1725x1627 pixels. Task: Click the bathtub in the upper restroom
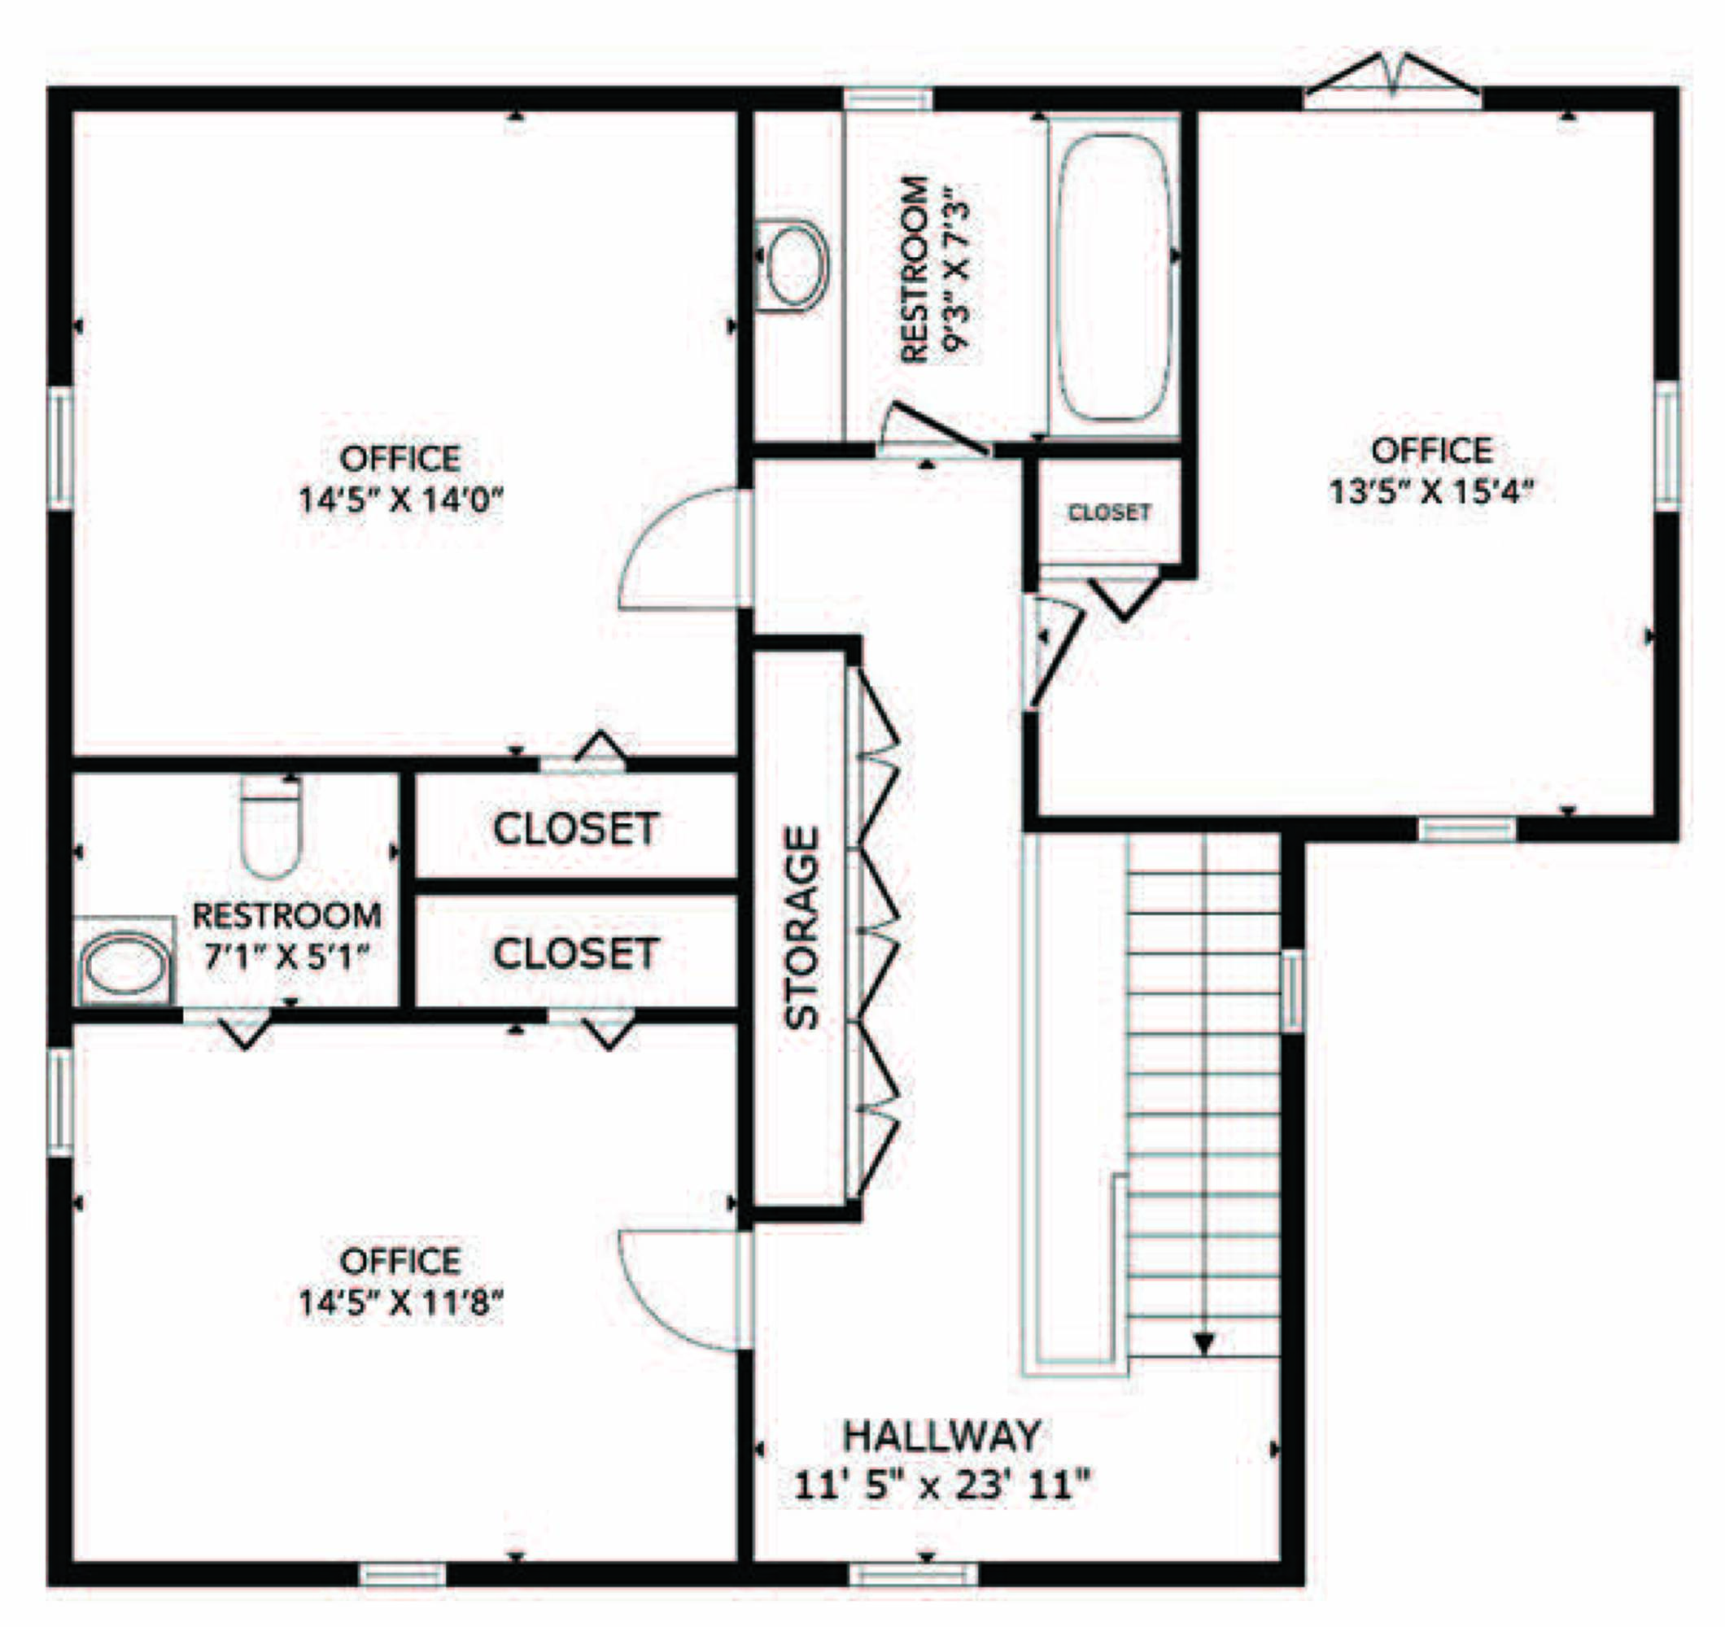(1115, 277)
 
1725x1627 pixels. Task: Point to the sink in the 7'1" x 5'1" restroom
(124, 962)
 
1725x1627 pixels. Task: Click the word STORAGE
(801, 927)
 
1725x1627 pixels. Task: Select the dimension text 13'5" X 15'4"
(1432, 492)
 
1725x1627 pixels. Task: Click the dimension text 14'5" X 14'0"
(401, 499)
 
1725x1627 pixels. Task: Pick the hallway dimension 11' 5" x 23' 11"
(941, 1485)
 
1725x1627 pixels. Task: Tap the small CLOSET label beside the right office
(1109, 513)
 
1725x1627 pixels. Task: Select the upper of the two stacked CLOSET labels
(575, 829)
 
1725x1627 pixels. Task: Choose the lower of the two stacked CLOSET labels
(575, 954)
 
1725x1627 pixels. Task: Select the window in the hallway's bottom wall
(913, 1574)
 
